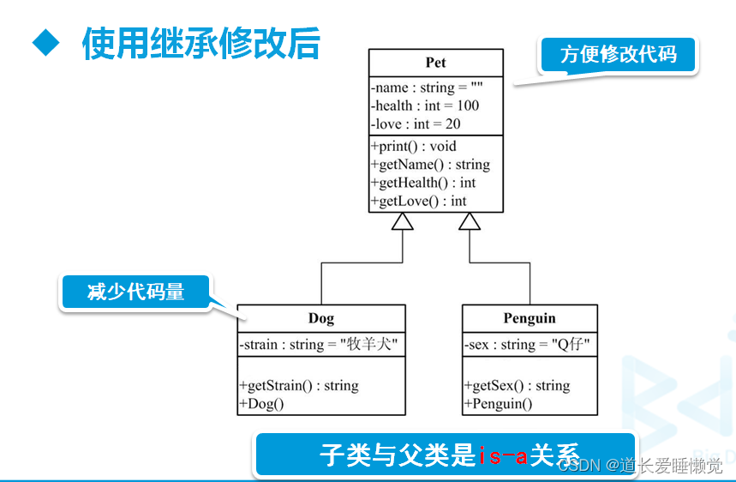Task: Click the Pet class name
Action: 435,63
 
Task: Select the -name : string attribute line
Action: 428,87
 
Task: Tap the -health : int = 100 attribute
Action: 425,105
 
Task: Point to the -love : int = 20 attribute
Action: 416,124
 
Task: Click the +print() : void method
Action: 414,146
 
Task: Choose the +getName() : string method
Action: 430,164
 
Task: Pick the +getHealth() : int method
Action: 423,183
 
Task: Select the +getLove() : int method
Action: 418,201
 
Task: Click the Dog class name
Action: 321,318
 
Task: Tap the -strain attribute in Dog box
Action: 320,345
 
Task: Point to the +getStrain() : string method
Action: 299,385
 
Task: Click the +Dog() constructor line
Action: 261,403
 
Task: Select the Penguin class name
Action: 530,318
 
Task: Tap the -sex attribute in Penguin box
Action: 527,345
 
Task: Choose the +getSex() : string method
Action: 517,385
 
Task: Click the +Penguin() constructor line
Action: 498,403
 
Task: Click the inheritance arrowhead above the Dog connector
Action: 403,221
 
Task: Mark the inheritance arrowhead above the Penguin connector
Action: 470,221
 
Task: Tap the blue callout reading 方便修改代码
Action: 618,56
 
